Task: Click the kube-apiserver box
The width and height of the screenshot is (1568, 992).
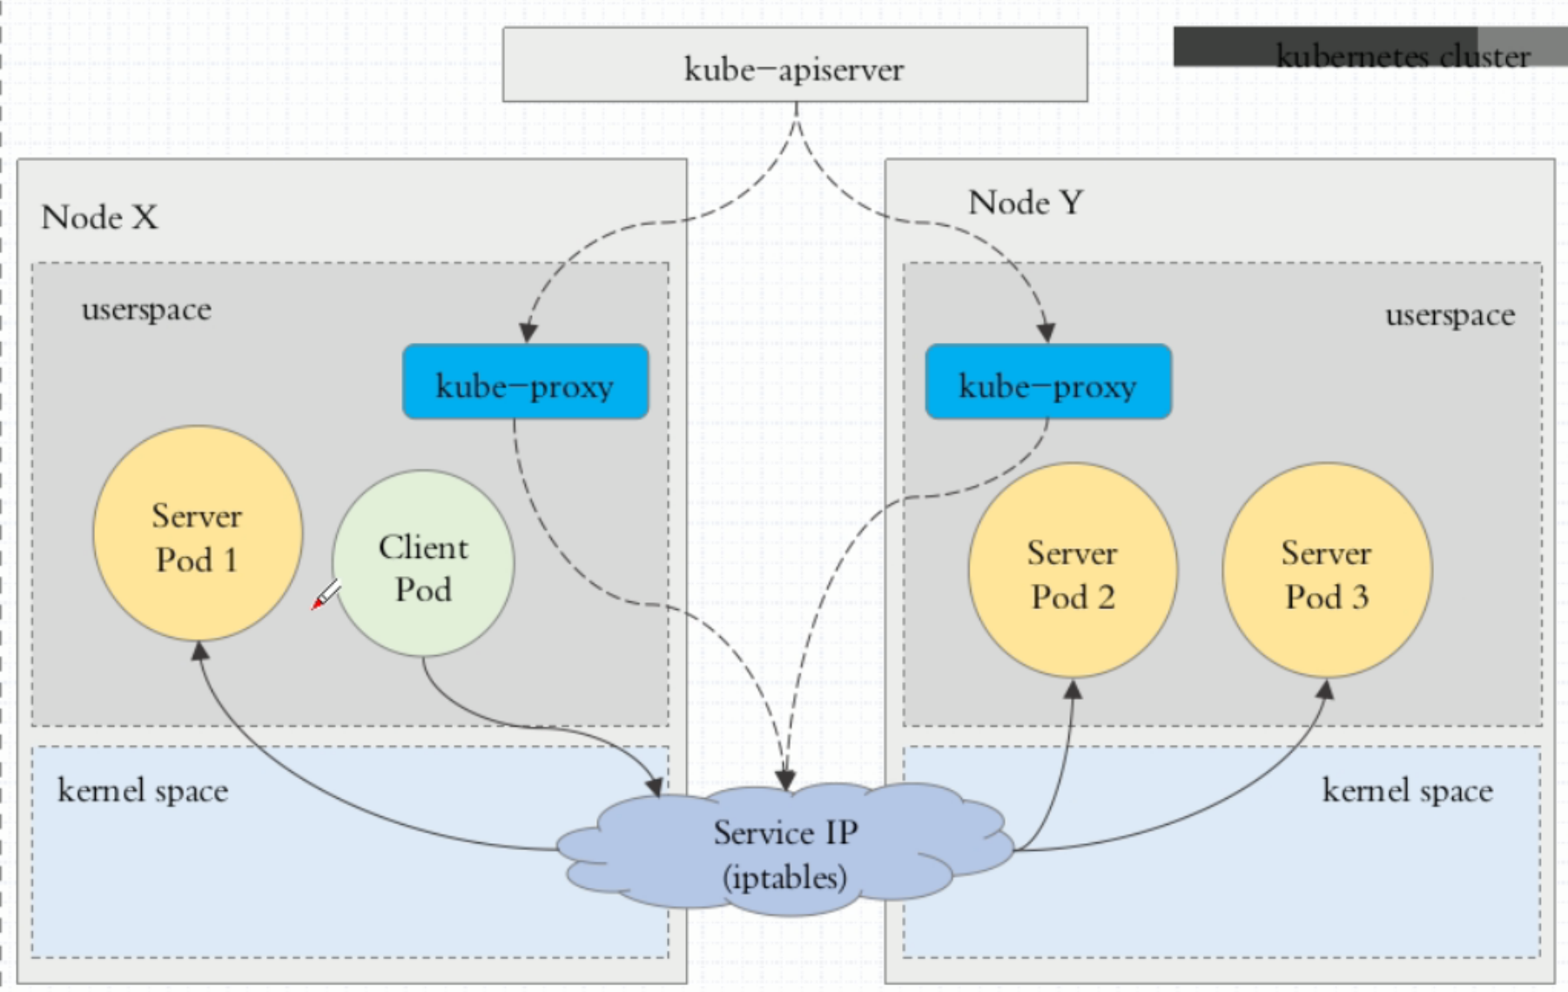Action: (x=795, y=64)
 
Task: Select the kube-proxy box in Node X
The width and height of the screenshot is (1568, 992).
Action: (x=525, y=381)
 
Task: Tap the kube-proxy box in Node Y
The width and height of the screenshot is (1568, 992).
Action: (x=1048, y=381)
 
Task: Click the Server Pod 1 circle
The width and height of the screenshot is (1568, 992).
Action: (x=198, y=533)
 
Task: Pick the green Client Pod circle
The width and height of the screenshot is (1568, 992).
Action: (x=423, y=564)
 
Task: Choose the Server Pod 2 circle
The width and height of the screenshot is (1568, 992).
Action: (x=1073, y=571)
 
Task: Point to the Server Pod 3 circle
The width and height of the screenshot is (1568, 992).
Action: (x=1327, y=571)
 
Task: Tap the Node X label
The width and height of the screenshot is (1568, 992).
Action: (x=99, y=217)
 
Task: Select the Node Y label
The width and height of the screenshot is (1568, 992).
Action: (x=1026, y=203)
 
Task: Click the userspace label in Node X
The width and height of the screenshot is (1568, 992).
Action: (x=146, y=310)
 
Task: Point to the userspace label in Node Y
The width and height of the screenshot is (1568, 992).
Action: (x=1450, y=315)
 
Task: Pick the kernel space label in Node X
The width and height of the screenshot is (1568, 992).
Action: (x=143, y=790)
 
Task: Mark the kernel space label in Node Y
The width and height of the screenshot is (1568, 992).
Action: (x=1407, y=790)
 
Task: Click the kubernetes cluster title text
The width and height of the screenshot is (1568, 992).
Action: (x=1403, y=56)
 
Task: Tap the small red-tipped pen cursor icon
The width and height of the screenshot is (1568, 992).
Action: (x=326, y=593)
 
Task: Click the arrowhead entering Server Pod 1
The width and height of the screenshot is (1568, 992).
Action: (x=199, y=651)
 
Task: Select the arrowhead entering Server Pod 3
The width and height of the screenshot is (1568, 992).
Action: (x=1325, y=689)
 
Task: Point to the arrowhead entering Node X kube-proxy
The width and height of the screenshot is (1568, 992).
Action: (x=528, y=333)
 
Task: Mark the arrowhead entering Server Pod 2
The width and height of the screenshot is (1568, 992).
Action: (x=1073, y=689)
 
